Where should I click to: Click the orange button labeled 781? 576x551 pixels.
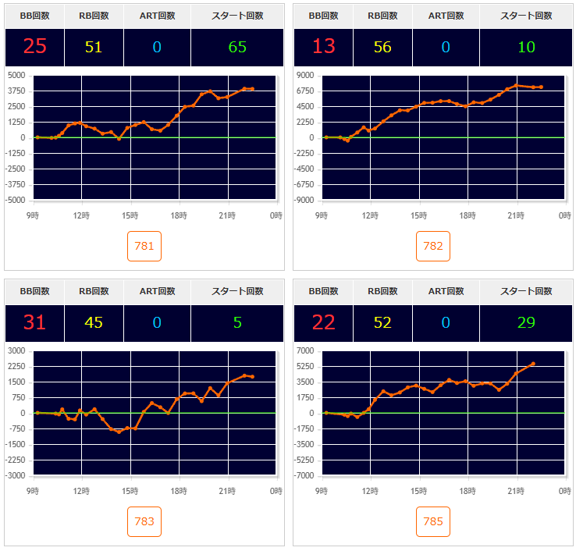[144, 247]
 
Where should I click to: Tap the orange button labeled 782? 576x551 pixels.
[433, 247]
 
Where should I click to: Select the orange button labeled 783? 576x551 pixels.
[144, 521]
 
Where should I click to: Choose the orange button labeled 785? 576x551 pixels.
[433, 521]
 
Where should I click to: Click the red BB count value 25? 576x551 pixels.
[35, 47]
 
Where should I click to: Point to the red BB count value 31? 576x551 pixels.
[35, 322]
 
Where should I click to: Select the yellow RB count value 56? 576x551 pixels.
[382, 47]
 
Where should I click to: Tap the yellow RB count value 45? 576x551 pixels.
[94, 322]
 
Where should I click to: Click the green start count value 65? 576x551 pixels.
[237, 47]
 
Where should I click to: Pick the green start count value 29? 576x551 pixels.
[527, 322]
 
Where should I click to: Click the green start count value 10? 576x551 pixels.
[527, 47]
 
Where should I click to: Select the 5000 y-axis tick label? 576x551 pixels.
[16, 75]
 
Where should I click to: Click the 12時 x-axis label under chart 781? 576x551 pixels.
[81, 215]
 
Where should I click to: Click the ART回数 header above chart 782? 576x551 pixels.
[446, 16]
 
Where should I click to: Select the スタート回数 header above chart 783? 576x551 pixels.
[237, 291]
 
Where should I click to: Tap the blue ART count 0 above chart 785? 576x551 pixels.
[446, 322]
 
